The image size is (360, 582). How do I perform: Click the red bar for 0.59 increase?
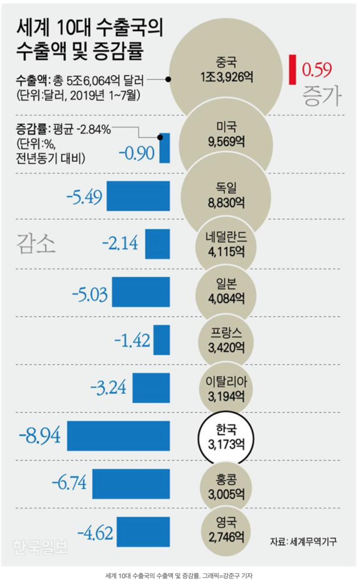(x=292, y=70)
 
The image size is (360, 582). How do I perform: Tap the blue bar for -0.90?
(x=165, y=148)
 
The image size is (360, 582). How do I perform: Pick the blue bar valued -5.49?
(x=138, y=196)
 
